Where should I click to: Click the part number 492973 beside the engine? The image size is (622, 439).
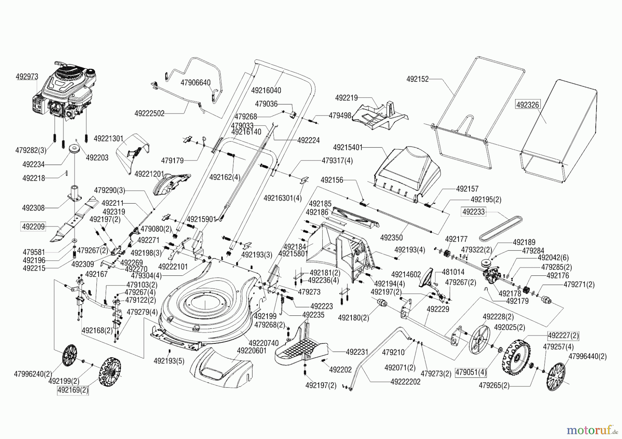pyautogui.click(x=27, y=77)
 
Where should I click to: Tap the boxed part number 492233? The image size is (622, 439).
pyautogui.click(x=473, y=212)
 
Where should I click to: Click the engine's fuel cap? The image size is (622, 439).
pyautogui.click(x=91, y=74)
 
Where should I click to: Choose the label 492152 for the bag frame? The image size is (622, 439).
pyautogui.click(x=417, y=79)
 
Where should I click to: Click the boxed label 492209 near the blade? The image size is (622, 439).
pyautogui.click(x=33, y=227)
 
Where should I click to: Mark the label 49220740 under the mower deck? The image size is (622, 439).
pyautogui.click(x=264, y=343)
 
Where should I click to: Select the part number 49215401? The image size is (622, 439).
pyautogui.click(x=348, y=147)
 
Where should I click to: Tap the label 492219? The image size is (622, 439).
pyautogui.click(x=346, y=98)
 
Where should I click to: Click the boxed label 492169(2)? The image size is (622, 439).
pyautogui.click(x=73, y=391)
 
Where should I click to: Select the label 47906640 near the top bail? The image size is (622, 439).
pyautogui.click(x=196, y=83)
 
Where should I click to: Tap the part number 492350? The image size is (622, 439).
pyautogui.click(x=391, y=238)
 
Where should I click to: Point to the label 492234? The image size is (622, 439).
pyautogui.click(x=34, y=165)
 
